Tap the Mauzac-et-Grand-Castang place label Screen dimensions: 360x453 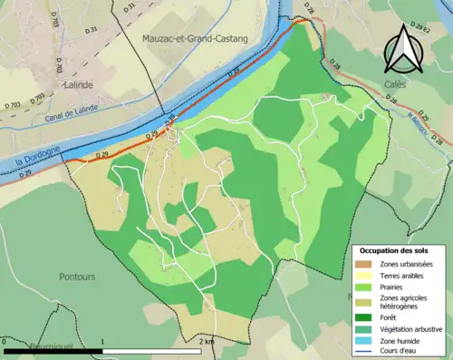pyautogui.click(x=194, y=39)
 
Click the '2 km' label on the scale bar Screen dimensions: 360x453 pyautogui.click(x=206, y=342)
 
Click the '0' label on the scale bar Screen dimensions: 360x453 pyautogui.click(x=5, y=342)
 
